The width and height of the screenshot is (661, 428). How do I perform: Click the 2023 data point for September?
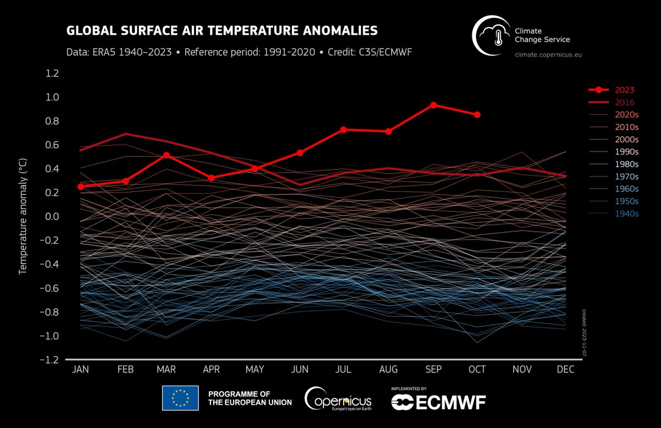434,105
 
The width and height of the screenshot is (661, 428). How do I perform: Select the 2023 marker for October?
478,115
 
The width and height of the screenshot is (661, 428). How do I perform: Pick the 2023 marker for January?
81,186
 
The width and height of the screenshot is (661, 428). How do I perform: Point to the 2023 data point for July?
344,130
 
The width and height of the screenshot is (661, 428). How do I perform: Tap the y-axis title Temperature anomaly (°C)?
23,217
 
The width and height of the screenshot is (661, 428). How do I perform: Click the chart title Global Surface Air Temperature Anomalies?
222,30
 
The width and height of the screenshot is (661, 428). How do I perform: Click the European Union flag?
180,398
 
